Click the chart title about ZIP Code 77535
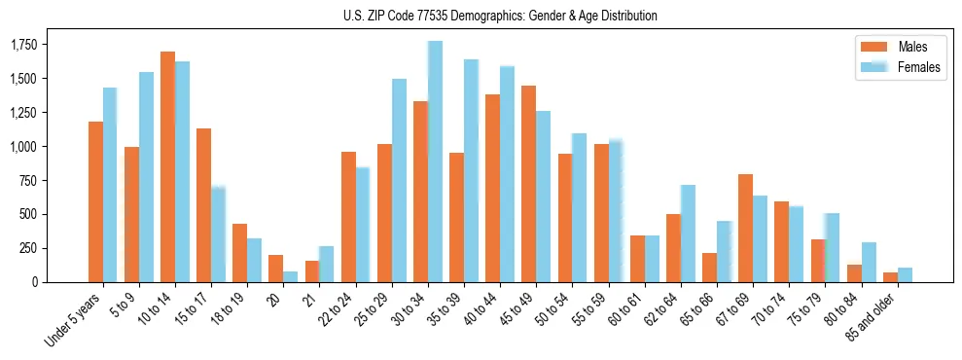coord(500,16)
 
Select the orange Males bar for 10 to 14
coord(167,166)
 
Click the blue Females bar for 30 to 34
coord(435,162)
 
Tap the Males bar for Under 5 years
coord(95,201)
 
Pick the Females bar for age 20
coord(291,276)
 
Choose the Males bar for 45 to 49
coord(528,184)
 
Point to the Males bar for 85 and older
coord(890,277)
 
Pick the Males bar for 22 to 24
coord(348,217)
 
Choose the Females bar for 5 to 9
coord(146,177)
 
